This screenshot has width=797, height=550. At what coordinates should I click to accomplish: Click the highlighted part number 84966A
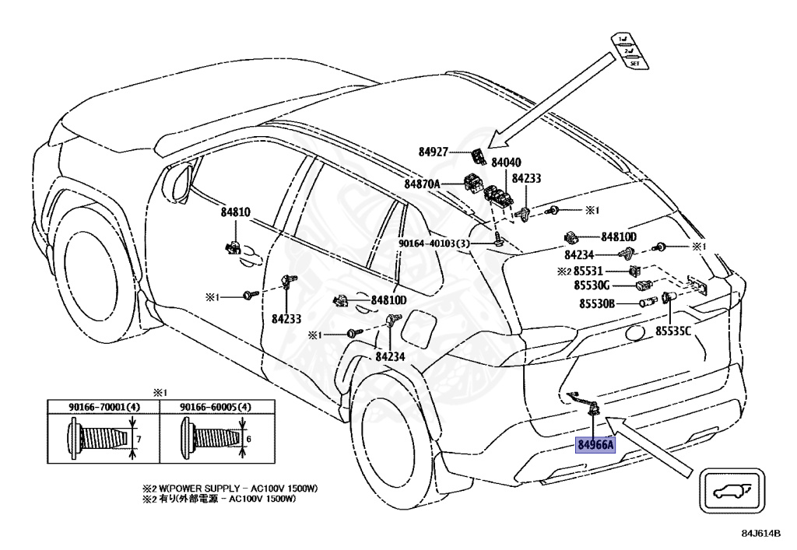click(595, 445)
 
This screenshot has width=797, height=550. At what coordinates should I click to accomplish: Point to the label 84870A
click(423, 184)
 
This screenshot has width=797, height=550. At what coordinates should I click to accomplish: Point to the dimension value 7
click(138, 439)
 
